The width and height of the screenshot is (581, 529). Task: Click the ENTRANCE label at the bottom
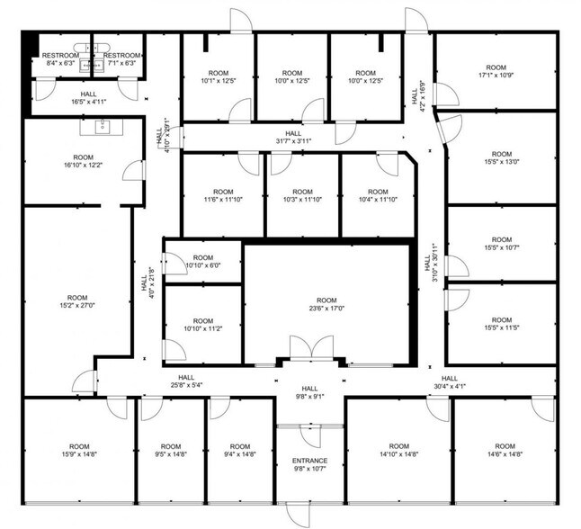coord(309,461)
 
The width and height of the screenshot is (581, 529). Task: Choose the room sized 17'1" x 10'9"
coord(496,72)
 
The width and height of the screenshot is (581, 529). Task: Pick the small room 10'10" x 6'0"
coord(202,262)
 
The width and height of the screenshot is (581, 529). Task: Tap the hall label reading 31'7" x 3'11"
coord(292,139)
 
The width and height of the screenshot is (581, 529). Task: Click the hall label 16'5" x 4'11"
coord(88,98)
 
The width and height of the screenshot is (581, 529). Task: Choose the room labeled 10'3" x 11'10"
coord(302,196)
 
